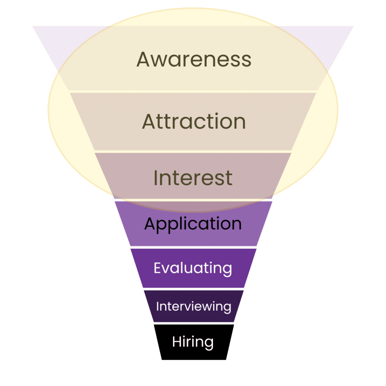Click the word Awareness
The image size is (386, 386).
[x=194, y=59]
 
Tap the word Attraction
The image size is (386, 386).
[x=194, y=121]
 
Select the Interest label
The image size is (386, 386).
[x=193, y=178]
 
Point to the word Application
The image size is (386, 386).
[x=193, y=224]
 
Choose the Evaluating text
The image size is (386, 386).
[x=193, y=268]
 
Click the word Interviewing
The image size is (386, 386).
[x=193, y=306]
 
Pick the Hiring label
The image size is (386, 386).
[x=193, y=342]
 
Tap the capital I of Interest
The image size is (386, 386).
[x=155, y=178]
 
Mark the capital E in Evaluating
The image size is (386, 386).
[x=157, y=268]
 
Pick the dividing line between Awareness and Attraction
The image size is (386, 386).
[x=193, y=92]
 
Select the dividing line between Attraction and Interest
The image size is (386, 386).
[x=193, y=152]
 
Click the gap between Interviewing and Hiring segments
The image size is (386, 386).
[x=193, y=323]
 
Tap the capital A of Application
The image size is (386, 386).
[x=150, y=224]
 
